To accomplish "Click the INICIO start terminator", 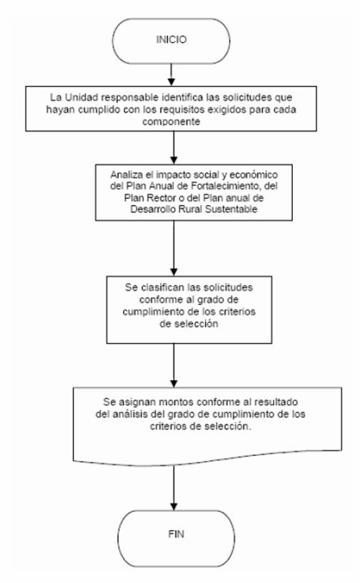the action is tap(171, 41).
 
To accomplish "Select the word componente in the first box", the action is tap(171, 121).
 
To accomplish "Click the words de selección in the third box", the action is tap(189, 324).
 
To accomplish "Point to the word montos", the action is tap(176, 402).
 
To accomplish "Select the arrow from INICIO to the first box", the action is tap(171, 75).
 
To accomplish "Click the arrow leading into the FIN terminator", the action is tap(174, 487).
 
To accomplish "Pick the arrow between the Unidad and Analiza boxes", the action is tap(174, 148).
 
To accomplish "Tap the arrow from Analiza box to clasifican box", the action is tap(174, 248).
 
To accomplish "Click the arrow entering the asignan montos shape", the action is tap(174, 366).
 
